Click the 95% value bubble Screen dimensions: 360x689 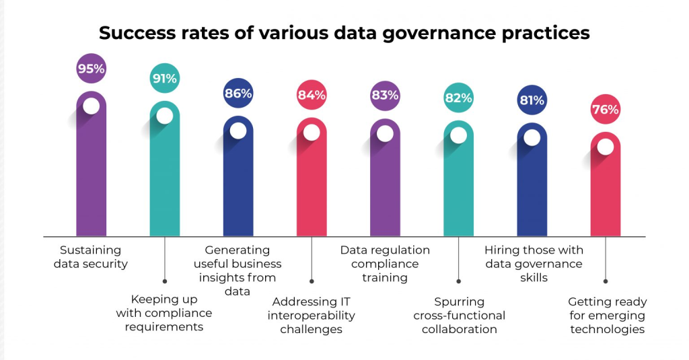pos(91,69)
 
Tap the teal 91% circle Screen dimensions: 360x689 pos(164,79)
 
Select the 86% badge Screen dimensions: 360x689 pos(238,94)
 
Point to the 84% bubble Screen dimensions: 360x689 pos(312,95)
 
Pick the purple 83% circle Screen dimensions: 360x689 pos(385,95)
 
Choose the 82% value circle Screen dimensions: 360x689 pos(458,98)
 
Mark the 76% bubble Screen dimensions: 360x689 pos(605,110)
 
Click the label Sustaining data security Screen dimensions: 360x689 pos(91,256)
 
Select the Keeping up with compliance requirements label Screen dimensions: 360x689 pos(164,313)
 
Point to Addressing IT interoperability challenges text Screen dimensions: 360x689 pos(312,315)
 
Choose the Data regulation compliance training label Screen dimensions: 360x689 pos(385,263)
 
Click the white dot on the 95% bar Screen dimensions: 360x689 pos(91,106)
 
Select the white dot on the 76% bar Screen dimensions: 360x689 pos(605,147)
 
